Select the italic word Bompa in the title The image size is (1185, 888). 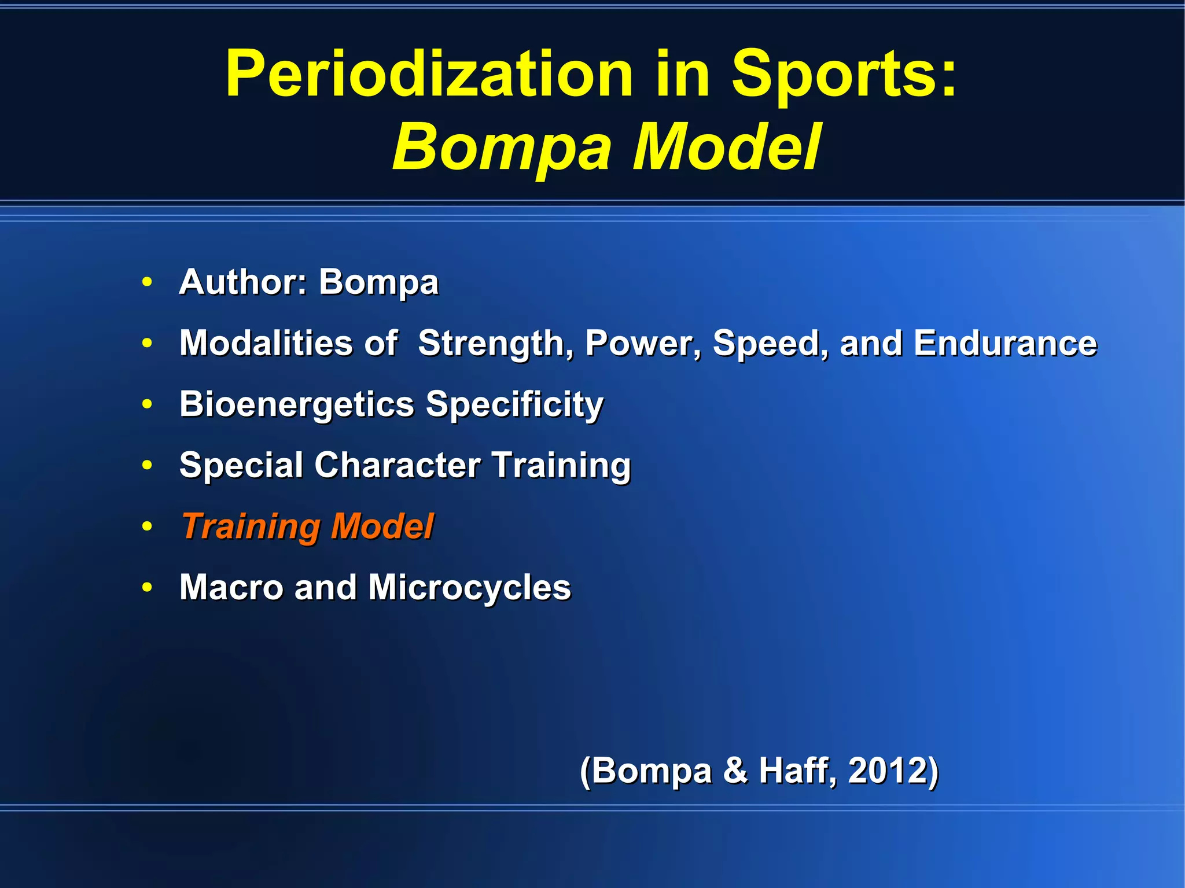coord(501,148)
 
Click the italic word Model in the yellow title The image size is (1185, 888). coord(726,148)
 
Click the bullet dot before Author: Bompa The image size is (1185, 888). coord(148,282)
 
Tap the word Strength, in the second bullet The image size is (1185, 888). coord(495,344)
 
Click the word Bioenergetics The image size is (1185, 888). coord(296,404)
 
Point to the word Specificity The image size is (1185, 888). coord(514,404)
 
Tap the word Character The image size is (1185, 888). coord(397,465)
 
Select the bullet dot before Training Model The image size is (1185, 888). coord(148,526)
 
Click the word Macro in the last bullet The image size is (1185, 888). coord(231,587)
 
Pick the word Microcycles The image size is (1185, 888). coord(469,587)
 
